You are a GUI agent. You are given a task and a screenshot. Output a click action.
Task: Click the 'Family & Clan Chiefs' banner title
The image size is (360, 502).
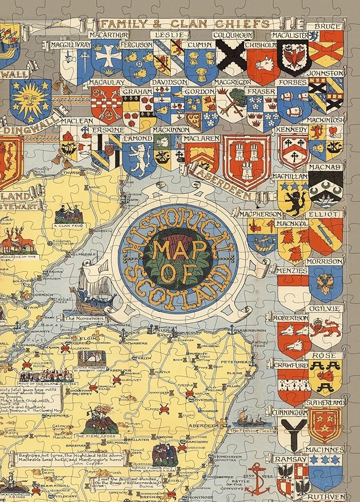pyautogui.click(x=185, y=23)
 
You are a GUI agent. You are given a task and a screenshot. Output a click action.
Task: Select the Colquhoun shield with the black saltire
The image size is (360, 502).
pyautogui.click(x=231, y=60)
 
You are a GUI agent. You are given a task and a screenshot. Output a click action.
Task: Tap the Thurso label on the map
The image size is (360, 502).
pyautogui.click(x=71, y=172)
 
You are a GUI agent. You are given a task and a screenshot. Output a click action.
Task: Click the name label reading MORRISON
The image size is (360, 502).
pyautogui.click(x=325, y=261)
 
